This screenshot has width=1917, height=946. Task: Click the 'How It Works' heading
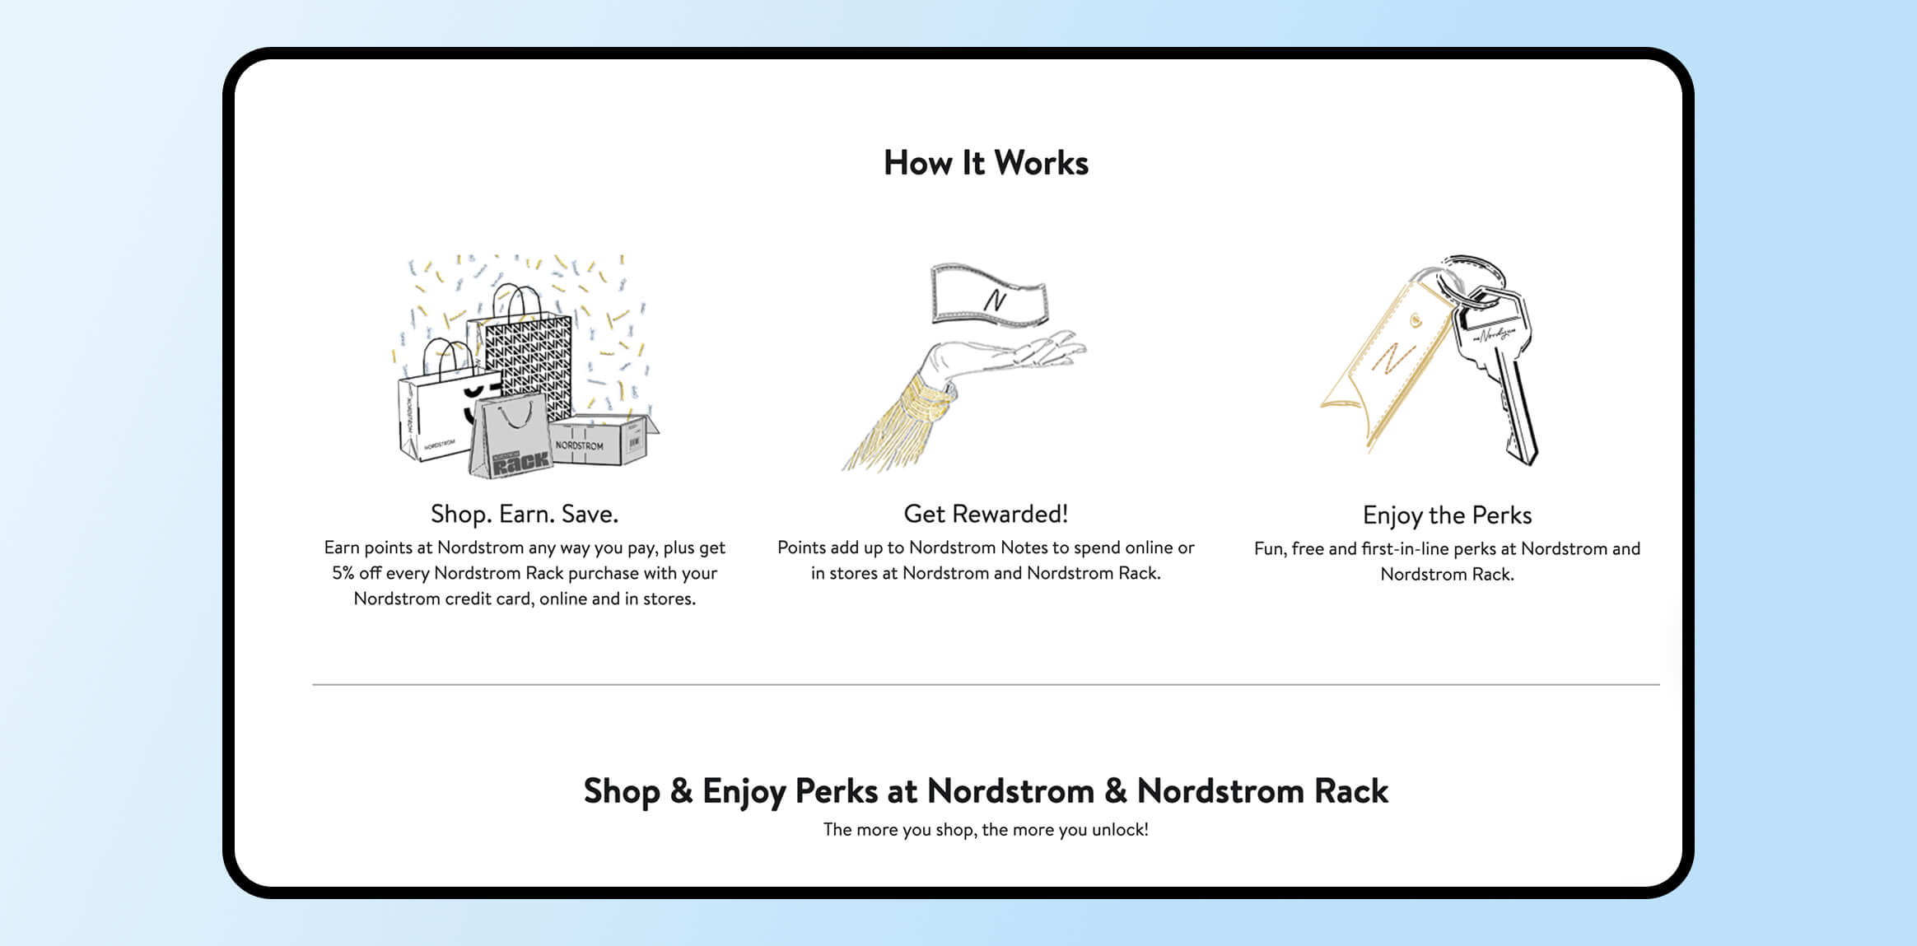[986, 163]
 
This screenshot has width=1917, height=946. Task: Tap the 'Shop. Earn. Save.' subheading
[525, 514]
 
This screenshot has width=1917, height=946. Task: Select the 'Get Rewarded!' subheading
[986, 514]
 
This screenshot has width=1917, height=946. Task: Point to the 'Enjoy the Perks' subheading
[1447, 515]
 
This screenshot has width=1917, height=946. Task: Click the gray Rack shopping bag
[511, 436]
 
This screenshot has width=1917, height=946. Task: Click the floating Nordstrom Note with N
[989, 295]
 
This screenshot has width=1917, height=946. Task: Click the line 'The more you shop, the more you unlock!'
[986, 829]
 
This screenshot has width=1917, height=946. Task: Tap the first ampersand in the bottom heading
[681, 791]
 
